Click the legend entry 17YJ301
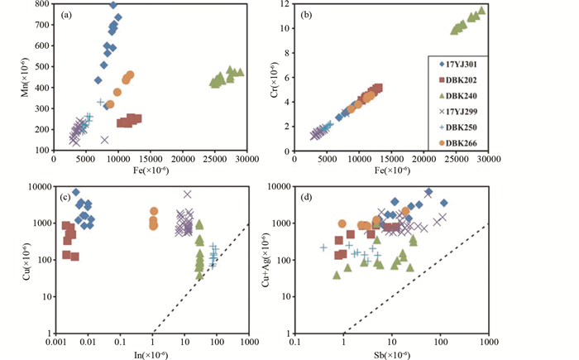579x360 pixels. click(x=458, y=64)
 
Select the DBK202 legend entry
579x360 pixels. click(x=458, y=79)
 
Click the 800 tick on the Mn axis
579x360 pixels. click(x=42, y=5)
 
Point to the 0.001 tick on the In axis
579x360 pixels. click(x=56, y=341)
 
